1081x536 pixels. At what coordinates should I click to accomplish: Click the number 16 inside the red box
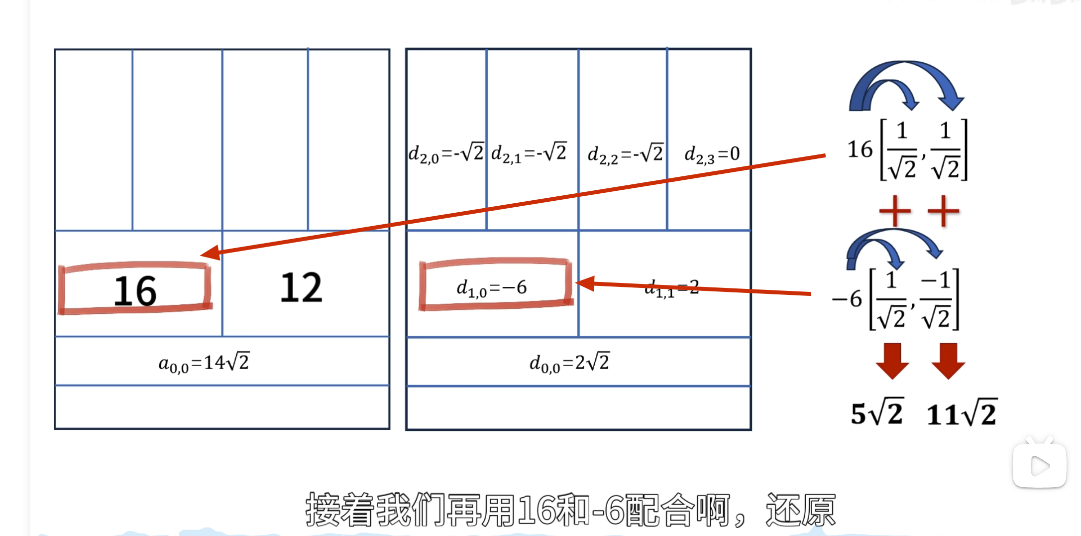point(135,291)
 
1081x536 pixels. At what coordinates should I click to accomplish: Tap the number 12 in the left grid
point(301,287)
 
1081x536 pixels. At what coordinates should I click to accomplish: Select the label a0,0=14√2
point(204,363)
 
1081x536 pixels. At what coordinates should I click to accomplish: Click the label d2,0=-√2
point(445,153)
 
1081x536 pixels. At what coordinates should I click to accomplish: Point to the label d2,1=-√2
point(529,153)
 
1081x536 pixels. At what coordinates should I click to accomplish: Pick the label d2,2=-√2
point(625,153)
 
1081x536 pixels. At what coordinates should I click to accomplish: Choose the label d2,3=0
point(712,154)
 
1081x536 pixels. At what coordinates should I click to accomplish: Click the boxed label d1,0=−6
point(492,287)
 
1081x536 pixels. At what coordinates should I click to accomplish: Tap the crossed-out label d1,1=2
point(671,288)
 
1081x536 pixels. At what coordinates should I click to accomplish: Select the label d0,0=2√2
point(569,363)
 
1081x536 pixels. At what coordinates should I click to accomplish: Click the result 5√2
point(876,413)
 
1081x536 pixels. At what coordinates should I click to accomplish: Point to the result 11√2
point(962,414)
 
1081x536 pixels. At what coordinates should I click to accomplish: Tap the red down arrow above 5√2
point(892,361)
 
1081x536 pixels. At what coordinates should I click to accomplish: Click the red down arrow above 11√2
point(948,361)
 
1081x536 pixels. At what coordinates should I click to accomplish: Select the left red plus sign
point(895,211)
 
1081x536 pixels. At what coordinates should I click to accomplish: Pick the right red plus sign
point(944,211)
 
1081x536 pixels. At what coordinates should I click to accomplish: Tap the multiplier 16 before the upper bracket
point(860,149)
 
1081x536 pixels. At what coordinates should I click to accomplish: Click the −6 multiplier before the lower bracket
point(847,299)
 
